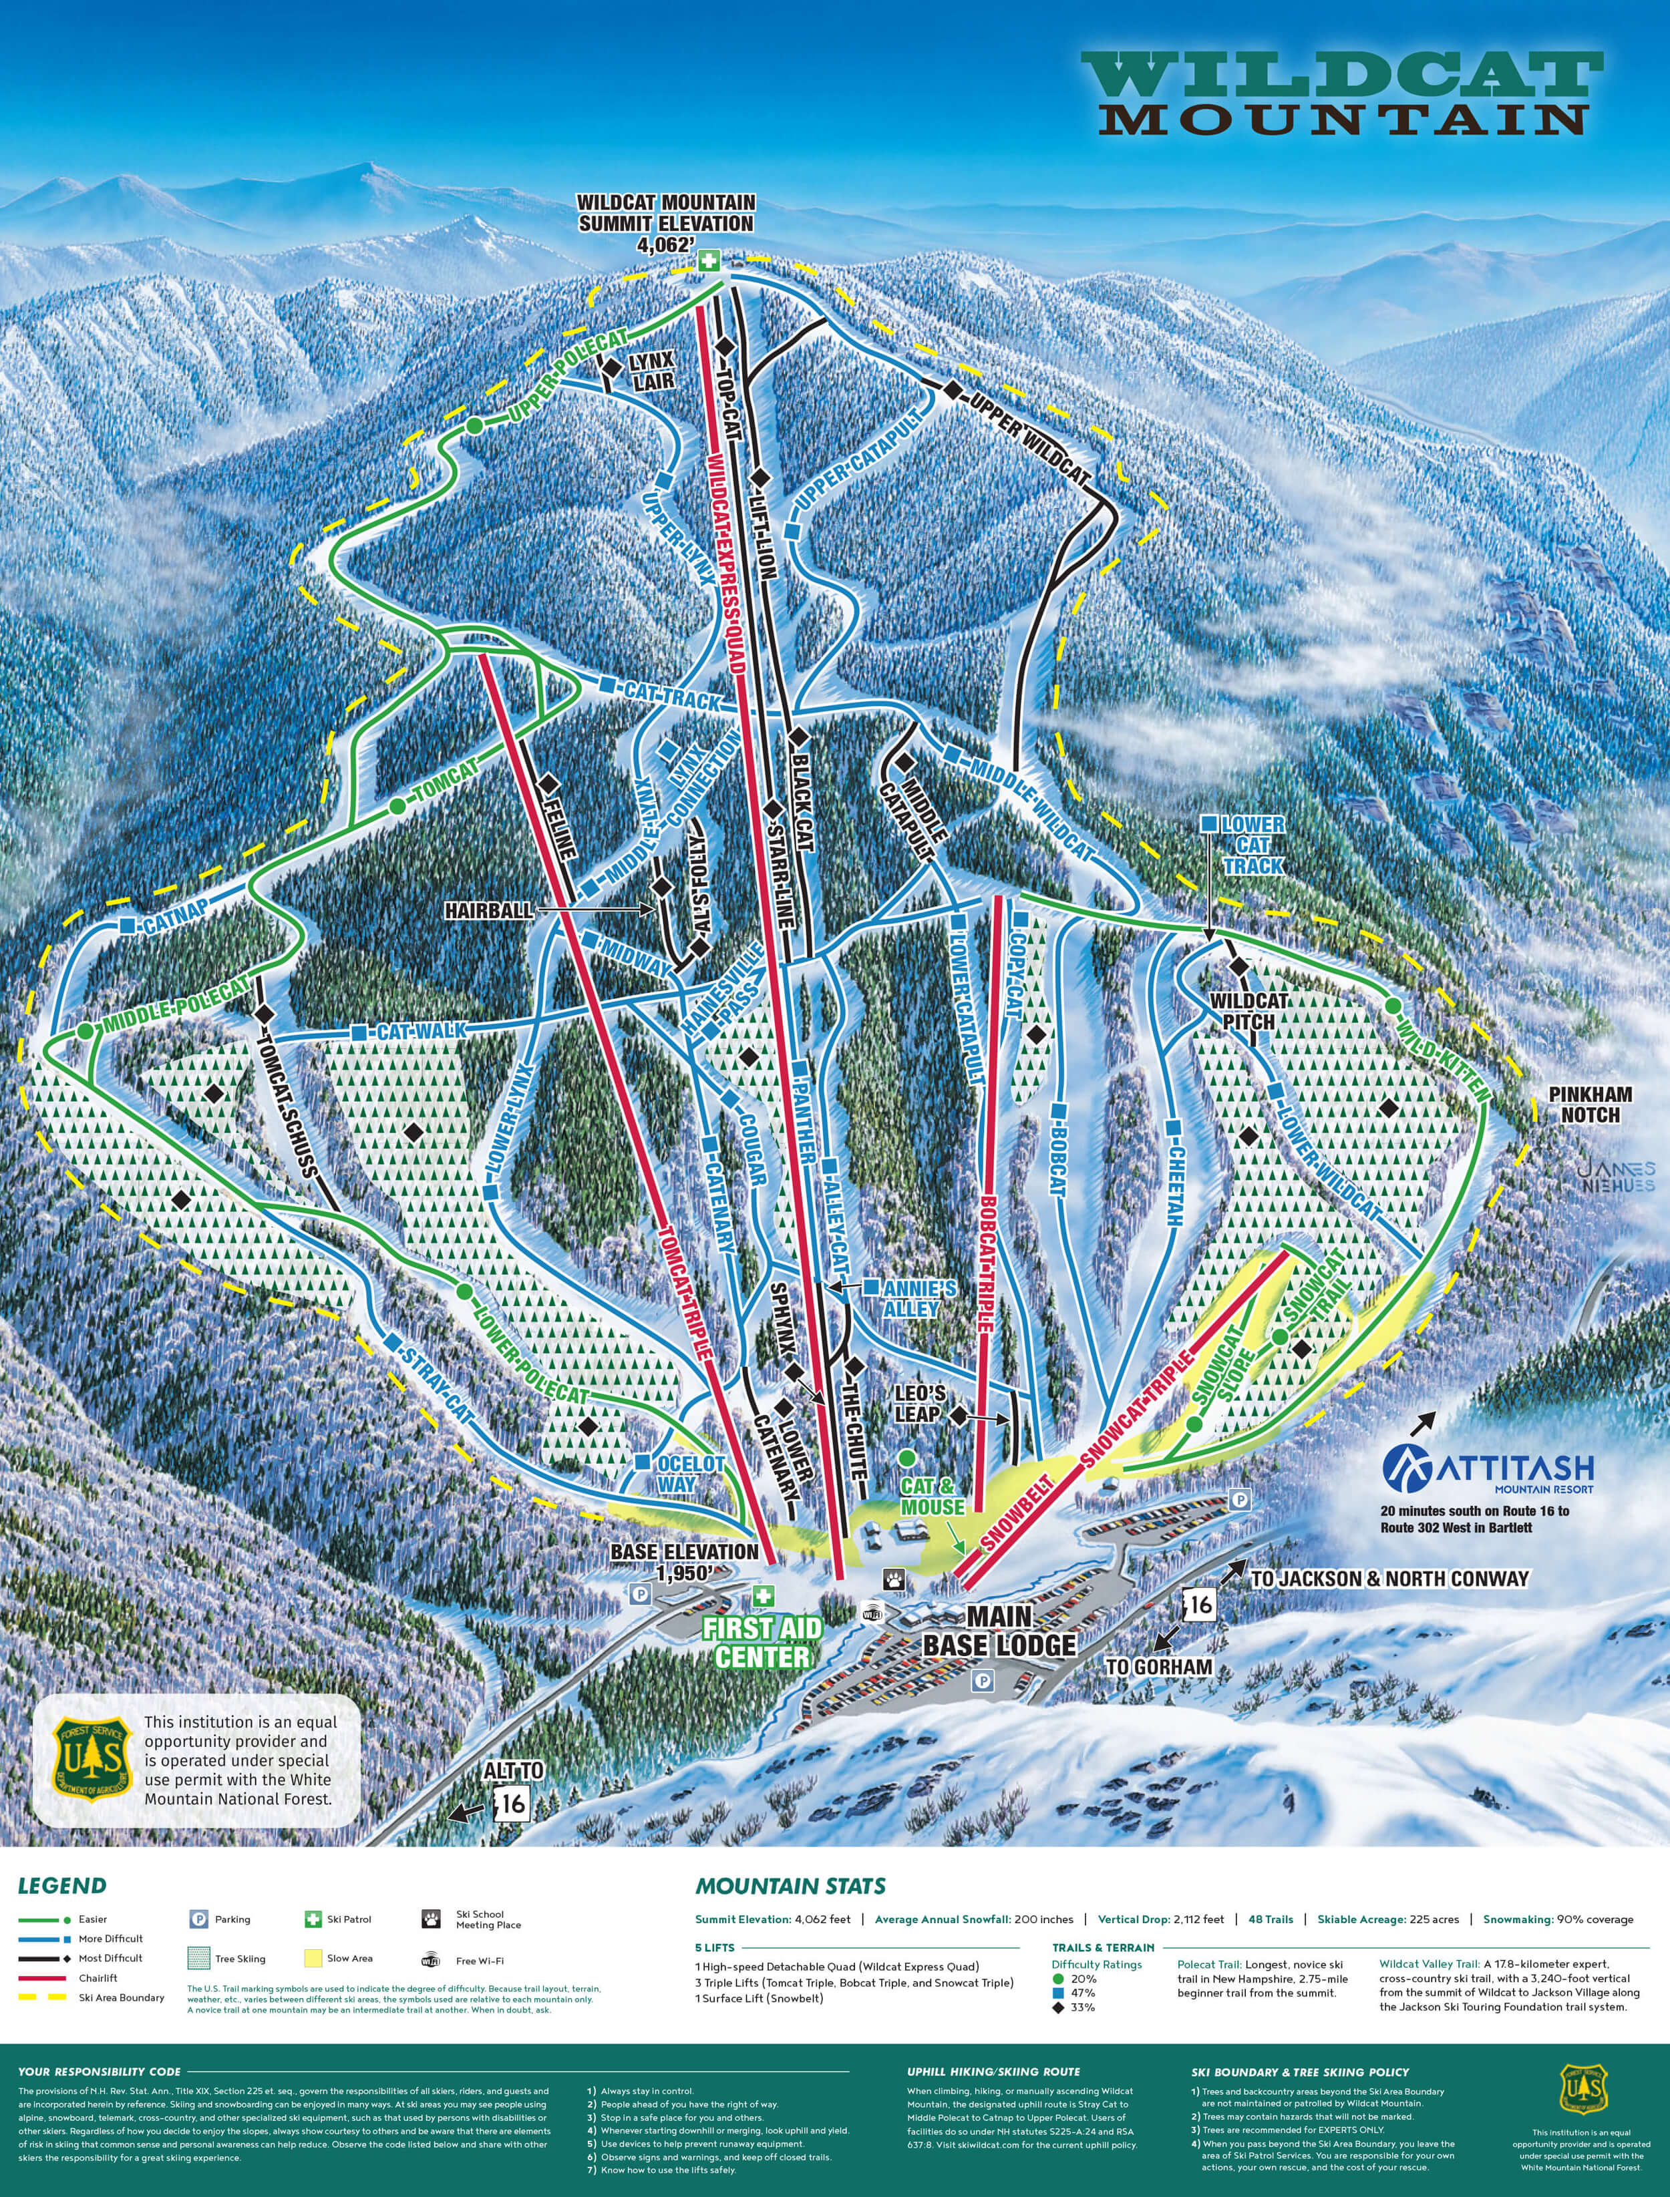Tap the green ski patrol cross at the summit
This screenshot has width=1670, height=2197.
[x=708, y=261]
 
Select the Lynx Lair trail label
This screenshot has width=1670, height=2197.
[x=651, y=370]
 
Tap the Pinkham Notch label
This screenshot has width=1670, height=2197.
[x=1589, y=1104]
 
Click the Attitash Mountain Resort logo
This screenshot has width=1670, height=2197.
[x=1488, y=1470]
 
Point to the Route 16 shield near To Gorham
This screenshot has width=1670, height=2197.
[x=1200, y=1603]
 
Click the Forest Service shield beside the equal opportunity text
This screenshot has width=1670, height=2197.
[x=92, y=1759]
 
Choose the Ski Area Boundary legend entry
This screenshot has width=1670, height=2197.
[x=120, y=1997]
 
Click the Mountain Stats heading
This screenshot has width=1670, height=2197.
[x=790, y=1886]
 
